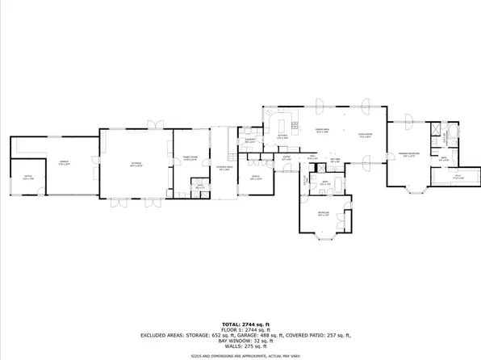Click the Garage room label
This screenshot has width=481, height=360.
(x=64, y=163)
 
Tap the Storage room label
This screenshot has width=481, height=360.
(x=136, y=164)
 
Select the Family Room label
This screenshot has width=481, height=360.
(x=189, y=159)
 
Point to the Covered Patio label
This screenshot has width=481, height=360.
(x=224, y=169)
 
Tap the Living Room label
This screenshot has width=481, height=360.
(x=365, y=136)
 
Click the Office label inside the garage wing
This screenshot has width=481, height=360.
(x=27, y=178)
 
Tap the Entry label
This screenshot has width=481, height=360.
(x=287, y=159)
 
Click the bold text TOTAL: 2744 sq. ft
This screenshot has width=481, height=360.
(x=240, y=322)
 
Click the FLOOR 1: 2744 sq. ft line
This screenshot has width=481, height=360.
(x=240, y=329)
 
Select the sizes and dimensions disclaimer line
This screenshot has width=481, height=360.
(x=240, y=354)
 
